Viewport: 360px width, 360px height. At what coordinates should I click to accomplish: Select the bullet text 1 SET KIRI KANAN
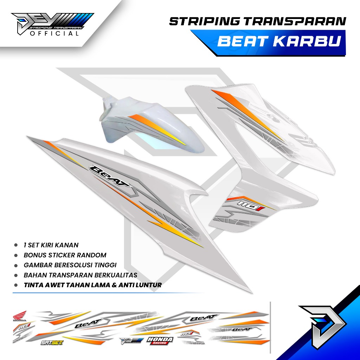coord(51,245)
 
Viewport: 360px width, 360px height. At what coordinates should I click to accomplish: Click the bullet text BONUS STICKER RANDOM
coord(65,255)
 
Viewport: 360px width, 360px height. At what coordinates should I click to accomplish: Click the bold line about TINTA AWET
coord(92,285)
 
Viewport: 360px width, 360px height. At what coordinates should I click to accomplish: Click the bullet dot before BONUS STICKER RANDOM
coord(16,255)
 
